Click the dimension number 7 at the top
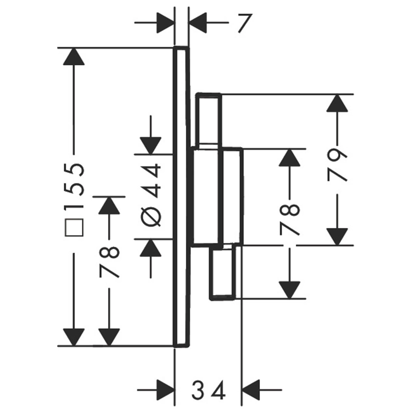[245, 23]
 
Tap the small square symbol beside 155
[74, 227]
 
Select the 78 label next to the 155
[110, 262]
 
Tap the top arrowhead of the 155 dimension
[74, 56]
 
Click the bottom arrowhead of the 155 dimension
[74, 338]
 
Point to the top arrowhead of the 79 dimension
[337, 103]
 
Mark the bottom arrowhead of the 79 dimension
[337, 237]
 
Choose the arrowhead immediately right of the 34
[250, 390]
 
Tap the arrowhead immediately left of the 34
[166, 390]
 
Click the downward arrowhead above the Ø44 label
[150, 146]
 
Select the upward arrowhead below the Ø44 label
[150, 248]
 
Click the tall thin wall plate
[181, 197]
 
